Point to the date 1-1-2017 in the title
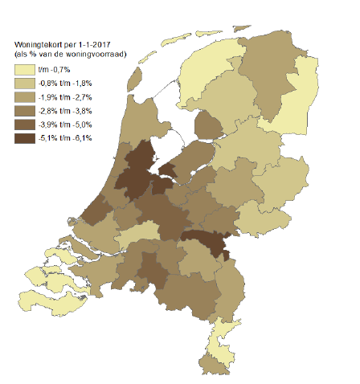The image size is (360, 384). [x=96, y=43]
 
